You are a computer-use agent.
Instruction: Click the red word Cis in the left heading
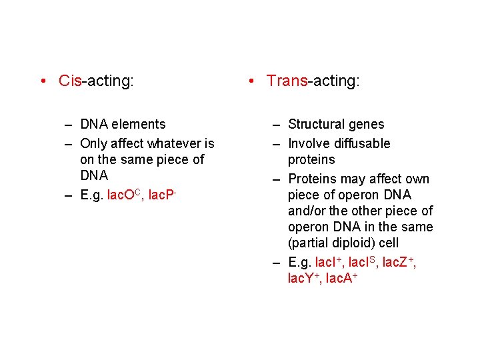[x=69, y=81]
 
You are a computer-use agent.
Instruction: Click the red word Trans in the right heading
[x=287, y=81]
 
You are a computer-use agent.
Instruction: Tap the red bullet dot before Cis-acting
[x=42, y=82]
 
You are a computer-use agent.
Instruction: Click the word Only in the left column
[x=93, y=143]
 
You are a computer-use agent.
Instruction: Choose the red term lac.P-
[x=165, y=195]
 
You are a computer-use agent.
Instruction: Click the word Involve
[x=308, y=143]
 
